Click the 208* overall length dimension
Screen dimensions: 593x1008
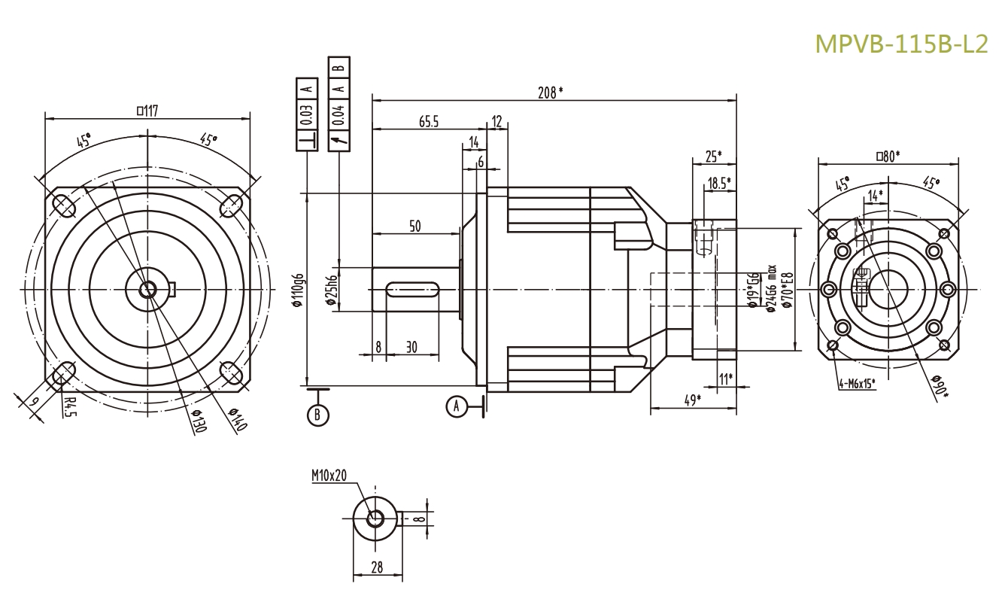click(x=551, y=92)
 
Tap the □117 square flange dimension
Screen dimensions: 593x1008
click(x=147, y=110)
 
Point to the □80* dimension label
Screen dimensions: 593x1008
click(x=888, y=156)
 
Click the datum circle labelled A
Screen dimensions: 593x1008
click(x=455, y=406)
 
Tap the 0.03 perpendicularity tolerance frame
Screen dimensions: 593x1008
click(x=307, y=112)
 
